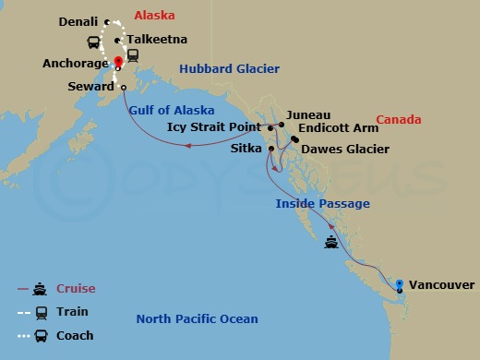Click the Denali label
(x=78, y=21)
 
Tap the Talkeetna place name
(x=157, y=40)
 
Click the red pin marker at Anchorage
(x=118, y=63)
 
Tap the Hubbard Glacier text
(x=229, y=69)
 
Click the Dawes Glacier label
(x=345, y=149)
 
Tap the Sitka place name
(x=246, y=147)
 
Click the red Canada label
(x=399, y=120)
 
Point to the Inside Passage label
(x=322, y=204)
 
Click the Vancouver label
(x=441, y=285)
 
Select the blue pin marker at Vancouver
(x=400, y=283)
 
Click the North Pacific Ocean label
(x=197, y=319)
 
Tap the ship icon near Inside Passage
(x=331, y=244)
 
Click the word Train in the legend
(x=72, y=313)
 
